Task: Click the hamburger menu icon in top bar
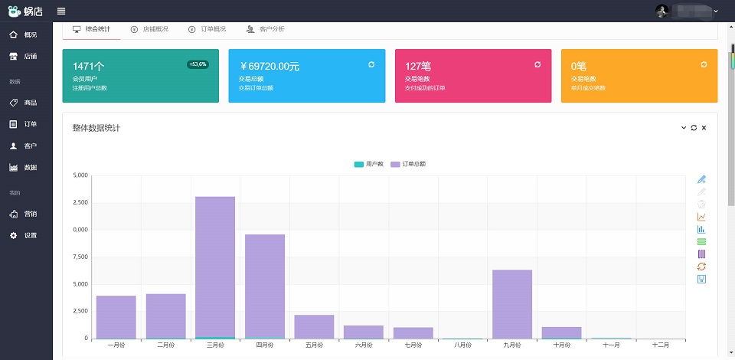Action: [x=61, y=11]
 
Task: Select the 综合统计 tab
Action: [x=91, y=29]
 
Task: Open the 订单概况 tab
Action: [x=207, y=29]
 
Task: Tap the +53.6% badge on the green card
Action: [x=198, y=64]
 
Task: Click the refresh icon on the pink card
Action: [x=537, y=64]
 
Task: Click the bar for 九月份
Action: [x=511, y=303]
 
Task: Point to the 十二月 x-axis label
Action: [x=660, y=345]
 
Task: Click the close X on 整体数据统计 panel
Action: [x=704, y=127]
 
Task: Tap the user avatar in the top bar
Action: [x=662, y=11]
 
